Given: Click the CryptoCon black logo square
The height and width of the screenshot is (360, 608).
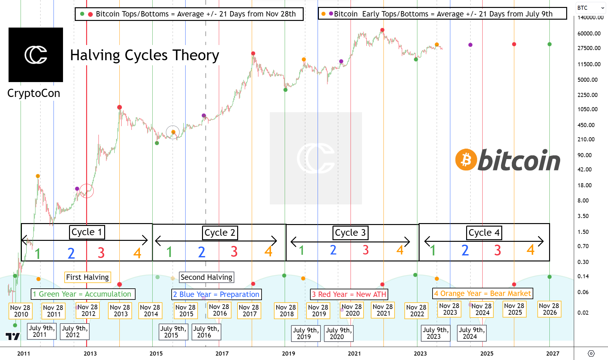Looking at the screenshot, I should pyautogui.click(x=35, y=55).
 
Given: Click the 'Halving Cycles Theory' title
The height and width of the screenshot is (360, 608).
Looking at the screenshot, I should pyautogui.click(x=144, y=55).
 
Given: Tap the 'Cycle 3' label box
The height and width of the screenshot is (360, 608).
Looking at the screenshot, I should pyautogui.click(x=350, y=233).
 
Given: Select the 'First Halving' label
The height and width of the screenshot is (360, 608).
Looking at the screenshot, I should pyautogui.click(x=87, y=277).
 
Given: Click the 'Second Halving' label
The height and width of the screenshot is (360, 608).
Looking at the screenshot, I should pyautogui.click(x=206, y=277).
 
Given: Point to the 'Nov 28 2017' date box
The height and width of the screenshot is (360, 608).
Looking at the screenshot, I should pyautogui.click(x=249, y=311).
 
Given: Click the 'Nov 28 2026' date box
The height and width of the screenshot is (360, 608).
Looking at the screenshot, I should pyautogui.click(x=549, y=309).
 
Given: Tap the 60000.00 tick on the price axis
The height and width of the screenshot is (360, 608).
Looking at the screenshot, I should pyautogui.click(x=589, y=33).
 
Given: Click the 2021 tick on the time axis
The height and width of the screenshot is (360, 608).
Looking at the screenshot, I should pyautogui.click(x=354, y=353).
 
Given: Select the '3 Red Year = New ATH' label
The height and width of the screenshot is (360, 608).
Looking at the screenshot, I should pyautogui.click(x=349, y=294).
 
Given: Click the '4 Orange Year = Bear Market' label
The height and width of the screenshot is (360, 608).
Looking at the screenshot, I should pyautogui.click(x=482, y=293).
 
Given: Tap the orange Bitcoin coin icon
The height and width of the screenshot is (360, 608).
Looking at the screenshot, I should pyautogui.click(x=466, y=159).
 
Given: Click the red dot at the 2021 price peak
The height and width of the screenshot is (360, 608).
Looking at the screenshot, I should pyautogui.click(x=382, y=30).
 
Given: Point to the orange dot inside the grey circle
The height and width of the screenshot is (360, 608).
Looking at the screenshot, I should pyautogui.click(x=173, y=132).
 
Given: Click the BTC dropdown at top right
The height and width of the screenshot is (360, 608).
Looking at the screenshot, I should pyautogui.click(x=590, y=8).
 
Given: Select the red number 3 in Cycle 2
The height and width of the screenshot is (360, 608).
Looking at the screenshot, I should pyautogui.click(x=234, y=252).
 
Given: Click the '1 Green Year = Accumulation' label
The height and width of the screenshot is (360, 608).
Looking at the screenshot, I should pyautogui.click(x=83, y=294).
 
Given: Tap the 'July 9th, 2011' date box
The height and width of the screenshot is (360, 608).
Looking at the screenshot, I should pyautogui.click(x=42, y=331).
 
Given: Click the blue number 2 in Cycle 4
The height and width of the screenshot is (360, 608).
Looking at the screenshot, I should pyautogui.click(x=465, y=250).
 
